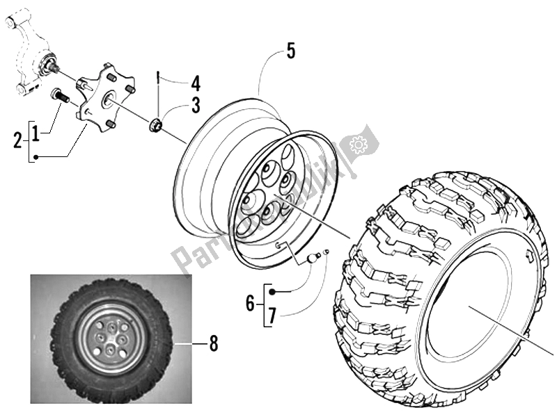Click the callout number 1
(x=44, y=130)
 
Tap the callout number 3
(x=196, y=105)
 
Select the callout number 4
(x=196, y=85)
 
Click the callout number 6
(x=249, y=302)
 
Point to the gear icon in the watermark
(x=359, y=145)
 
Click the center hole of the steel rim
(x=267, y=199)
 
